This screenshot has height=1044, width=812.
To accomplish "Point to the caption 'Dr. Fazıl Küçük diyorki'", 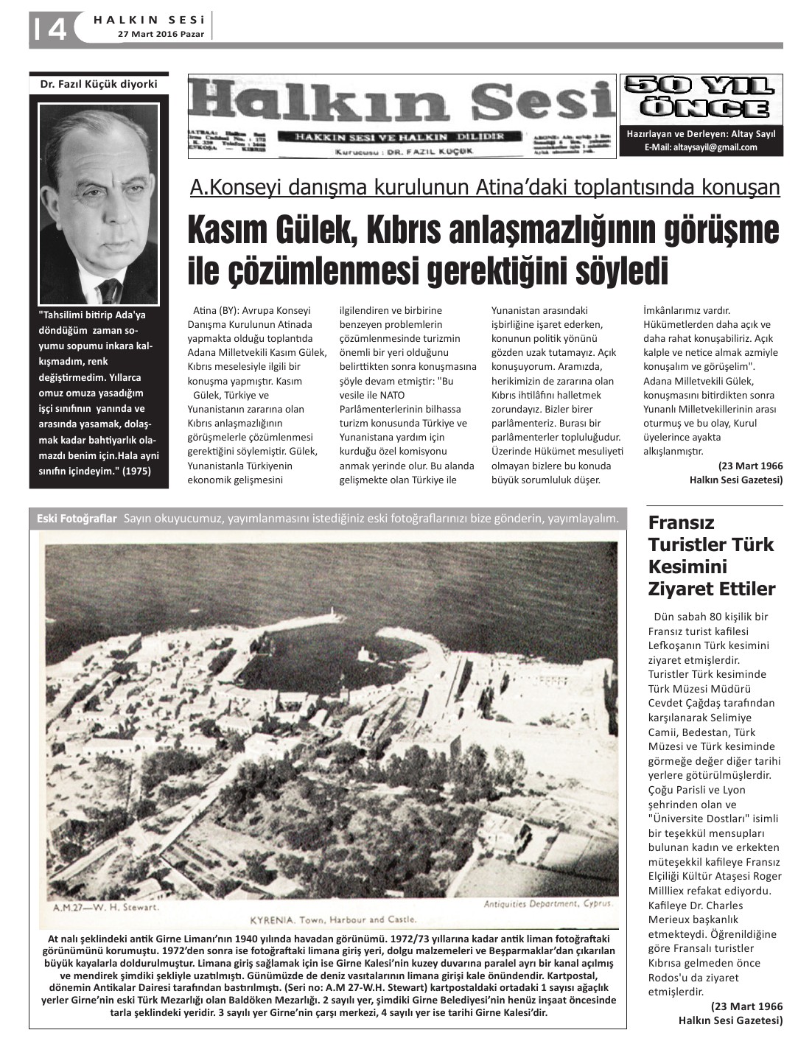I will [x=98, y=84].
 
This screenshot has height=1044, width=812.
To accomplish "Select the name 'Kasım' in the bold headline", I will [x=227, y=231].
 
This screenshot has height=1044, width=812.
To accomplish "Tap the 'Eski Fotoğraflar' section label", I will [x=77, y=519].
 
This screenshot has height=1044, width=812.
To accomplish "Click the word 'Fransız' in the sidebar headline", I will [x=682, y=523].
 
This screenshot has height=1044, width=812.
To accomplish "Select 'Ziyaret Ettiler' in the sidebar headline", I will [x=711, y=589].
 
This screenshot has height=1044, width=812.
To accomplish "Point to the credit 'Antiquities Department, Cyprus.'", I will [x=549, y=903].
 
